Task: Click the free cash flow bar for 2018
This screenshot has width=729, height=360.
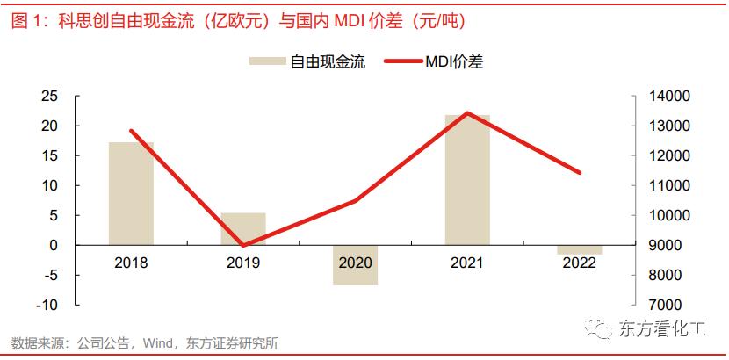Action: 131,193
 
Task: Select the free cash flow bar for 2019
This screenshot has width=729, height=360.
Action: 243,228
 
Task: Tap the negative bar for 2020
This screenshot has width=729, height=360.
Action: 355,265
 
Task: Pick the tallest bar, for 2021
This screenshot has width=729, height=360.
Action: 467,179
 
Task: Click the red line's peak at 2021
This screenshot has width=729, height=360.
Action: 467,112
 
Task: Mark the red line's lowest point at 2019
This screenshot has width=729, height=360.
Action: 243,245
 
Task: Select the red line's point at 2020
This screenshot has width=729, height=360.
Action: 355,201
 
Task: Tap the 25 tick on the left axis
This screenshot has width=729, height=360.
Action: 50,96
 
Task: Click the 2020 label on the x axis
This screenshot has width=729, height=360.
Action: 355,263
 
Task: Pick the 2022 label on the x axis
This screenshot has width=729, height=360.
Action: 579,263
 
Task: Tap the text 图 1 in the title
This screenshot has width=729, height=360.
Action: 26,20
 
